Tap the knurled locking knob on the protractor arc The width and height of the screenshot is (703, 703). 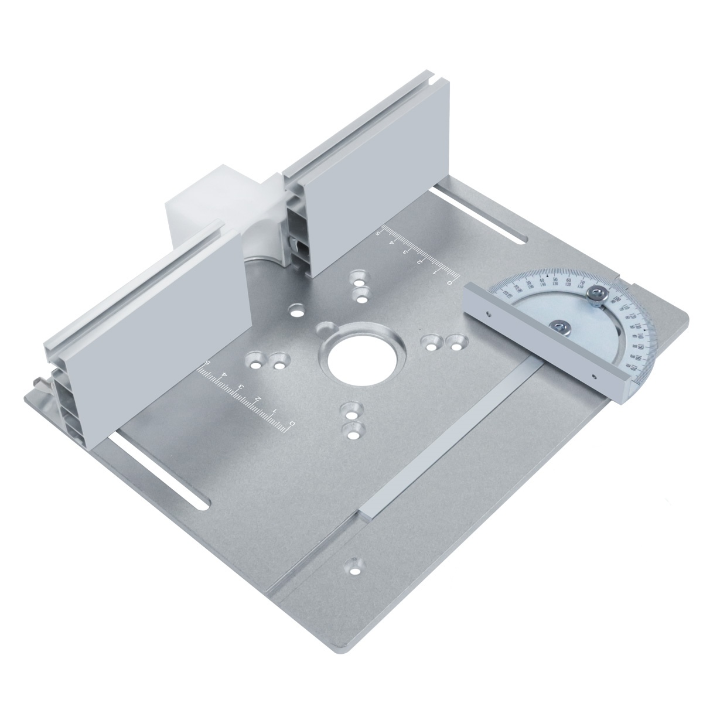coord(598,295)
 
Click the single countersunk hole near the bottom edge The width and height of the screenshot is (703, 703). coord(355,565)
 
